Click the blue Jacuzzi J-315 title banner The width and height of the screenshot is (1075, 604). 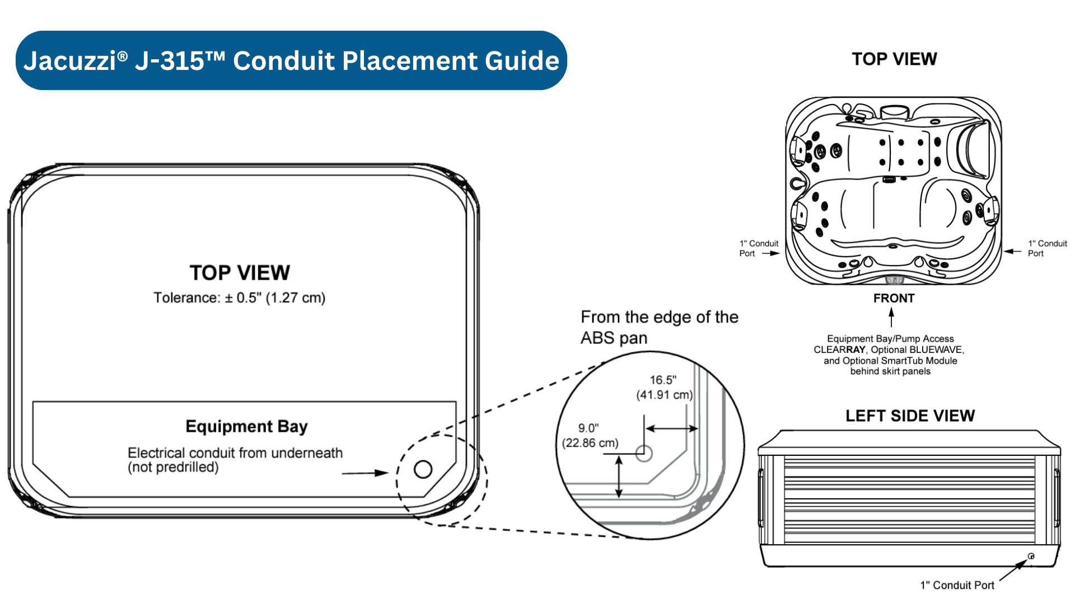[291, 60]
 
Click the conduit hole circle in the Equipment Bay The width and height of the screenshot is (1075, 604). [423, 469]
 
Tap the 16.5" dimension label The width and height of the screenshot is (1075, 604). [663, 380]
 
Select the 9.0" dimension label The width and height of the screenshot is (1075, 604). [588, 428]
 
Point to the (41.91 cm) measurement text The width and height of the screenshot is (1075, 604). [665, 395]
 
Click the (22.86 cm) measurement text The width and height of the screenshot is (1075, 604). [590, 443]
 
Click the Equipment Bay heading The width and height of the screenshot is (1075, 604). [246, 426]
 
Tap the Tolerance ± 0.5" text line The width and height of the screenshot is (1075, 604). [240, 298]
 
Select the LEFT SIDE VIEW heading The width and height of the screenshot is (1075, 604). [910, 416]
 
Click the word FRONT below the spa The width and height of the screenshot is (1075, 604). [894, 298]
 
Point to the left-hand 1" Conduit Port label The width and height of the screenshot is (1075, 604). [758, 248]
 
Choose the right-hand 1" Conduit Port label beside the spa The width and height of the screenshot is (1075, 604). [1047, 248]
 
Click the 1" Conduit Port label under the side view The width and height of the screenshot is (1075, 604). [957, 585]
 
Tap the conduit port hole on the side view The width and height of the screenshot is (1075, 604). [1031, 556]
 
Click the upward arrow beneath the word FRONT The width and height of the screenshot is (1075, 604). [891, 318]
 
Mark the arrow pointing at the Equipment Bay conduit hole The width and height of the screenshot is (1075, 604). [365, 473]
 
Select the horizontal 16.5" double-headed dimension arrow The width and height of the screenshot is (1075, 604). [672, 429]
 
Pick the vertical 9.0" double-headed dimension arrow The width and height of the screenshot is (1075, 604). [619, 476]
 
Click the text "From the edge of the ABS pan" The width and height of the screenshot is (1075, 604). [659, 327]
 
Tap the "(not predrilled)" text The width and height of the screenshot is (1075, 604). [173, 467]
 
